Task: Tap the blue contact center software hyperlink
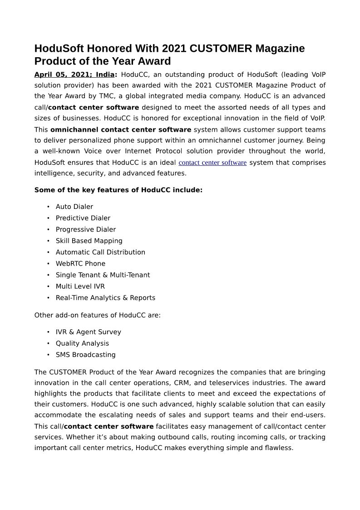click(212, 163)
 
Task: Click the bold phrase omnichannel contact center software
click(121, 130)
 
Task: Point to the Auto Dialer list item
click(74, 207)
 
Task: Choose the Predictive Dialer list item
click(83, 218)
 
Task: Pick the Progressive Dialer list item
click(85, 229)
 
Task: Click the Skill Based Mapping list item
click(89, 241)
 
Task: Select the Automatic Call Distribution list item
click(100, 252)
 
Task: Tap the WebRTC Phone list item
click(80, 263)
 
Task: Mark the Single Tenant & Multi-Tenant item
click(103, 275)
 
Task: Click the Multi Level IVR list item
click(80, 286)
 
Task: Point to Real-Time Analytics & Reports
click(105, 298)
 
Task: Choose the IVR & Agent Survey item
click(88, 332)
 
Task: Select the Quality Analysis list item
click(82, 343)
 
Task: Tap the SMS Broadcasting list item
click(85, 355)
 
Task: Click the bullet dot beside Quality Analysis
click(48, 343)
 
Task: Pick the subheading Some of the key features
click(118, 190)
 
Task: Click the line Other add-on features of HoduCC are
click(97, 315)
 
